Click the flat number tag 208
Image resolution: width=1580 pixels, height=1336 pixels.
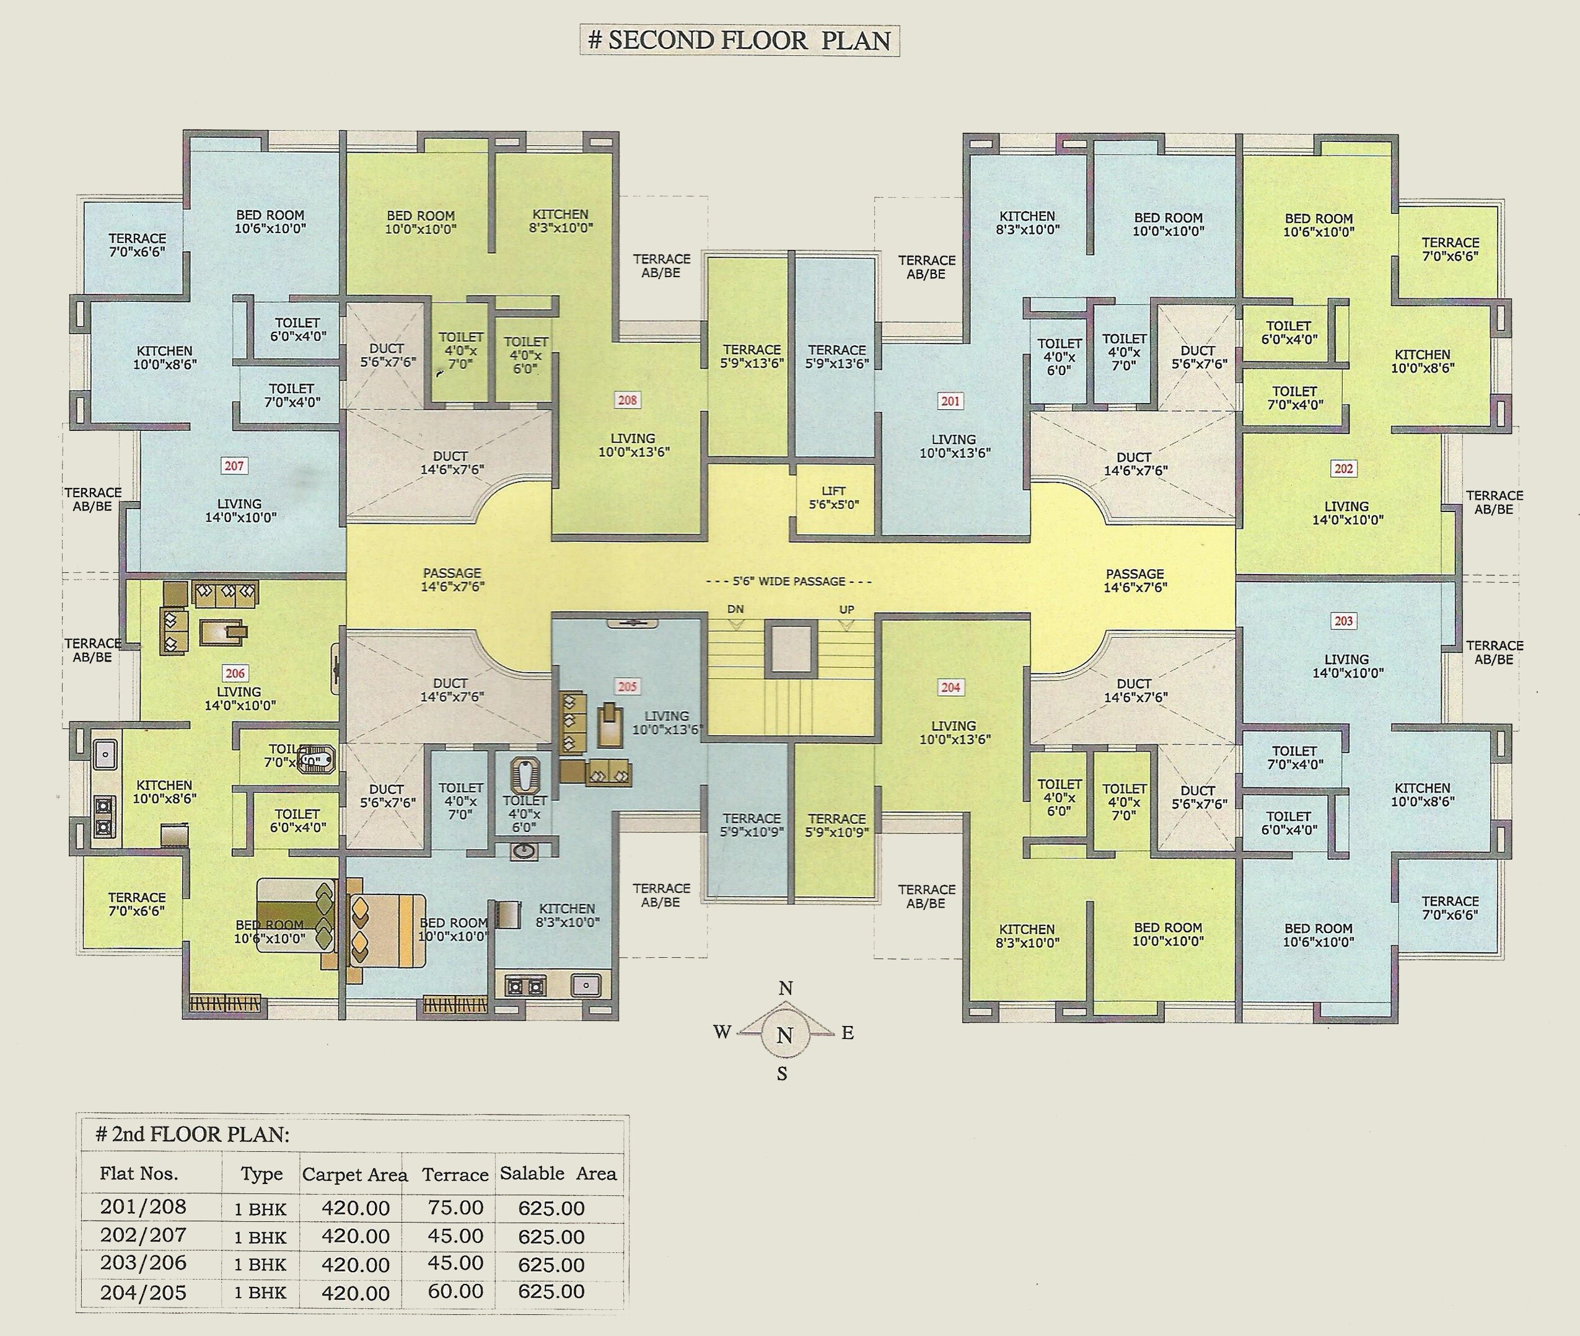pos(627,400)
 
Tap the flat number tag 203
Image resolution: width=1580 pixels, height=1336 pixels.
pos(1343,621)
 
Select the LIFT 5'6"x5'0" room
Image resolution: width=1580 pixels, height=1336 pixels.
pos(833,498)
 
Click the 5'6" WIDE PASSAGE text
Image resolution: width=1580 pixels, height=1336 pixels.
pos(788,581)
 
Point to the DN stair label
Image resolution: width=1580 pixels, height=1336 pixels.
pos(735,609)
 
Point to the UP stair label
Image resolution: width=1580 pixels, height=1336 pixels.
pos(846,609)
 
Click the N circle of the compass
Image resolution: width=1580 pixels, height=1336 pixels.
pos(785,1035)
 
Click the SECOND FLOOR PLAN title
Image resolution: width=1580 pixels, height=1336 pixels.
pos(740,40)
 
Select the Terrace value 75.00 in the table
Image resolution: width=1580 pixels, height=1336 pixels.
pos(455,1207)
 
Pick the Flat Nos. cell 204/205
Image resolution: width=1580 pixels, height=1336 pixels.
pos(143,1292)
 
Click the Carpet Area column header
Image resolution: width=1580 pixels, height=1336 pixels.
pos(354,1175)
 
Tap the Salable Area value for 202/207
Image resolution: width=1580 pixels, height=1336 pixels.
pos(551,1237)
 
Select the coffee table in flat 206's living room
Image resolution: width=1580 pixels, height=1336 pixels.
pos(222,631)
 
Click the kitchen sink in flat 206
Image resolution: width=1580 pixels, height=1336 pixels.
pos(105,754)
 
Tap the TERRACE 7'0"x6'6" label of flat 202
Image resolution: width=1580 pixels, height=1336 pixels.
pos(1449,249)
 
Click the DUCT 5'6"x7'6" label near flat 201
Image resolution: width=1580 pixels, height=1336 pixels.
pos(1197,356)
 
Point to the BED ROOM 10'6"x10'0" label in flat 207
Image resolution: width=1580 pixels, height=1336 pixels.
pos(270,221)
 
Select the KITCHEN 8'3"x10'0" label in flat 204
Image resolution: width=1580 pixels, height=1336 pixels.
pos(1027,936)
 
